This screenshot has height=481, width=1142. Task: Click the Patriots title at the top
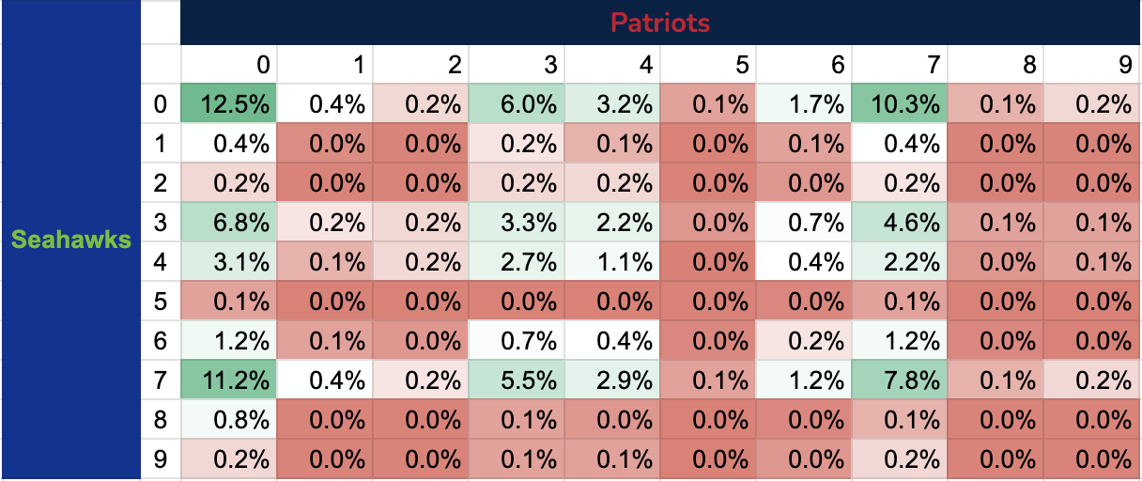pos(659,23)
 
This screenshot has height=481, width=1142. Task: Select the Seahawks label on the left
pos(70,240)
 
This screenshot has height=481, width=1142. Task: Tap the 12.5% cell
pos(229,104)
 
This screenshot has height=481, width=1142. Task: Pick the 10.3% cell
pos(900,104)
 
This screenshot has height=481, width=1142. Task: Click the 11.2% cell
pos(229,382)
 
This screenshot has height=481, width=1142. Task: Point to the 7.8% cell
pos(900,382)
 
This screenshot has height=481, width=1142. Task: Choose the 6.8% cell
pos(229,223)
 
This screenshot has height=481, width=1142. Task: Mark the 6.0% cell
pos(517,104)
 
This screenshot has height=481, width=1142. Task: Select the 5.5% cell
pos(517,382)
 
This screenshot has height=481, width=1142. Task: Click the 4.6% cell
pos(900,223)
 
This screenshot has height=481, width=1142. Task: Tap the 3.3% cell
pos(517,223)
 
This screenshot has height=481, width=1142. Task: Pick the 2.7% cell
pos(517,262)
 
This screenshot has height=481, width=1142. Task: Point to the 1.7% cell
pos(804,104)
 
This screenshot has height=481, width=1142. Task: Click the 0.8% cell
pos(229,422)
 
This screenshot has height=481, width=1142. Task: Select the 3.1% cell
pos(229,262)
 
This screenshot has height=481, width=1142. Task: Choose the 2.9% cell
pos(612,382)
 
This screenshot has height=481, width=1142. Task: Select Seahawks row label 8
pos(160,422)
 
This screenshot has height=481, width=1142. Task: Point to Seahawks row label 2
pos(160,183)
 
